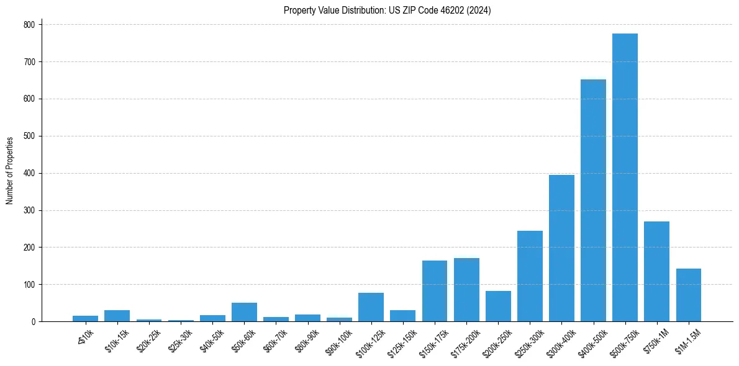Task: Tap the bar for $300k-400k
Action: click(561, 248)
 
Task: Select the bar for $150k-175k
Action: click(435, 291)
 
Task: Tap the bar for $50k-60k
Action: click(244, 312)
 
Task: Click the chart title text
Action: click(387, 11)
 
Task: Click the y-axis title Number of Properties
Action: click(10, 171)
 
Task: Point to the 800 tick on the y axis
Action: click(30, 25)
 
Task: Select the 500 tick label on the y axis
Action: click(30, 136)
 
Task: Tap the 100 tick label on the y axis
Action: click(30, 285)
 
